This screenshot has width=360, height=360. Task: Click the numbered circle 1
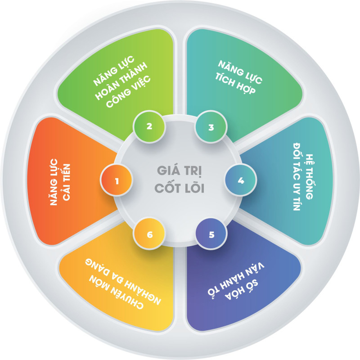click(117, 180)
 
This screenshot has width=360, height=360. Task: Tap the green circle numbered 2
click(149, 126)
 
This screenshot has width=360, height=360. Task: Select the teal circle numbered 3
click(211, 127)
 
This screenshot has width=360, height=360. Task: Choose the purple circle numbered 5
click(211, 234)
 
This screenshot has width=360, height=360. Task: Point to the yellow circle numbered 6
click(149, 234)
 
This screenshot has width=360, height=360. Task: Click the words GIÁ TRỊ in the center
click(179, 171)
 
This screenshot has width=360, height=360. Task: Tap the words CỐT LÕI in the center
click(179, 188)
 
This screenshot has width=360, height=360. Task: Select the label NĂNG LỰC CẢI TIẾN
click(60, 182)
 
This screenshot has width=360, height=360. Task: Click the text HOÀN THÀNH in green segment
click(121, 81)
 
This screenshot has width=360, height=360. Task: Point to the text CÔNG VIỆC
click(128, 91)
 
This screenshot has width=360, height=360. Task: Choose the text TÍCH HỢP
click(235, 83)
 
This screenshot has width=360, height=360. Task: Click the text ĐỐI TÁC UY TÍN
click(297, 177)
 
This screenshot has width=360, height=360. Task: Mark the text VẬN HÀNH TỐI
click(236, 279)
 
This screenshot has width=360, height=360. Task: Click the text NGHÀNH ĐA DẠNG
click(123, 282)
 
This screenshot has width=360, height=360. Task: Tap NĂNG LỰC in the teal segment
click(240, 72)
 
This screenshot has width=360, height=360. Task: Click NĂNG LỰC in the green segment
click(113, 71)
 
